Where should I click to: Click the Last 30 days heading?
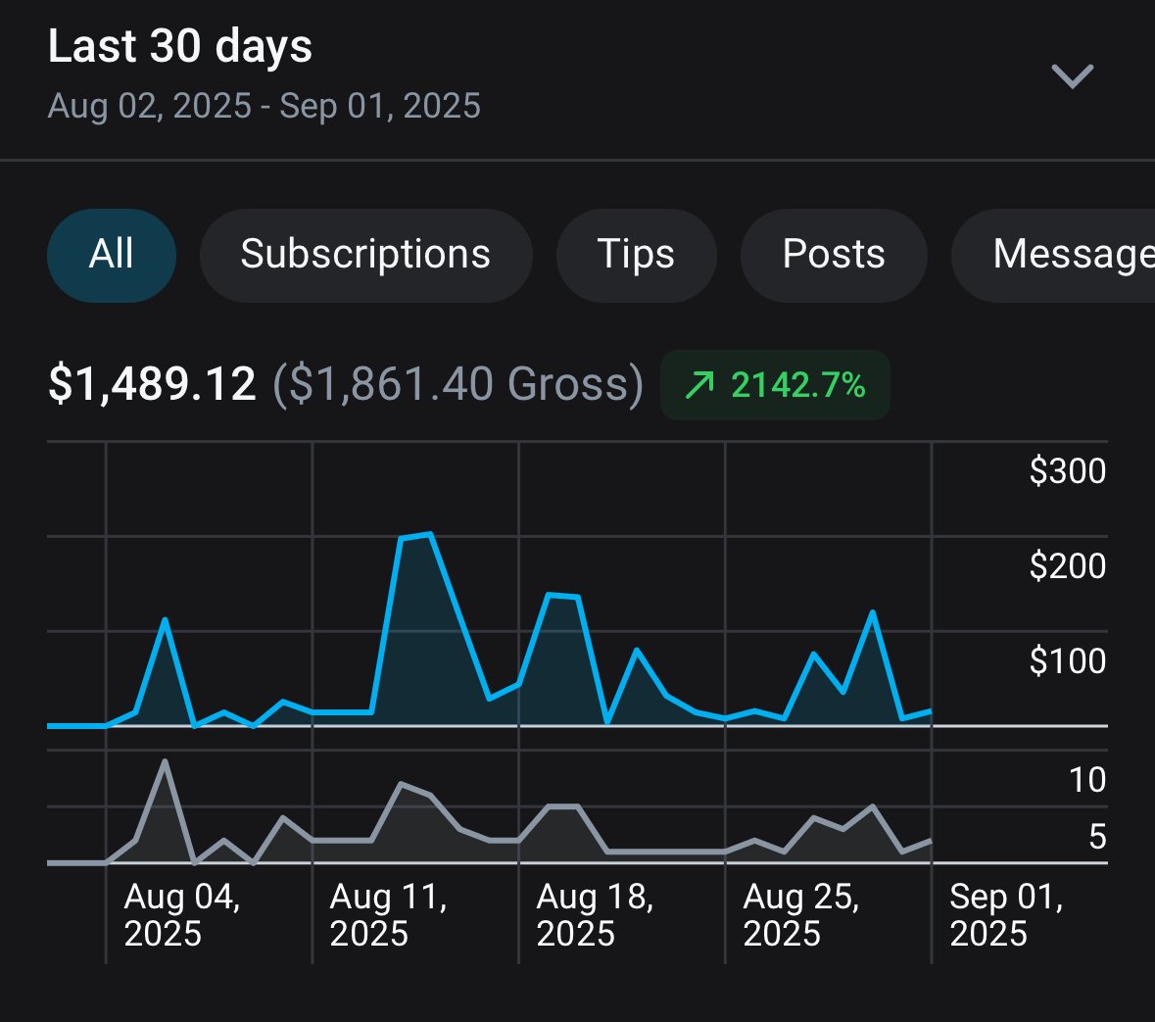pos(180,46)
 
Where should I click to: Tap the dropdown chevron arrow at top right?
pos(1072,75)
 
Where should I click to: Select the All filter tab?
pos(112,255)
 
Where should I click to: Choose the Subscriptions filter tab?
pos(365,255)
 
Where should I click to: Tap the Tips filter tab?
pos(636,255)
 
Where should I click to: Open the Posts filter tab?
pos(834,255)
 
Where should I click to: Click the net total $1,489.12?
pos(152,383)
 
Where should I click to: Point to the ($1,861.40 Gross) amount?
pos(457,383)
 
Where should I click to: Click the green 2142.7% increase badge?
pos(775,385)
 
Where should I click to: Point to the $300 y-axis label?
pos(1067,471)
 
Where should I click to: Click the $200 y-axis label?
pos(1067,566)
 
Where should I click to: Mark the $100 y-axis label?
pos(1067,661)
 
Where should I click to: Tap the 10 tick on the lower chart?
pos(1086,780)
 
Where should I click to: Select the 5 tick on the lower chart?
pos(1096,837)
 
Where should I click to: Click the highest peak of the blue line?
pos(430,534)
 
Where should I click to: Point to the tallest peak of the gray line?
pos(165,761)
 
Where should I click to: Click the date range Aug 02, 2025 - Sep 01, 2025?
pos(264,106)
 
